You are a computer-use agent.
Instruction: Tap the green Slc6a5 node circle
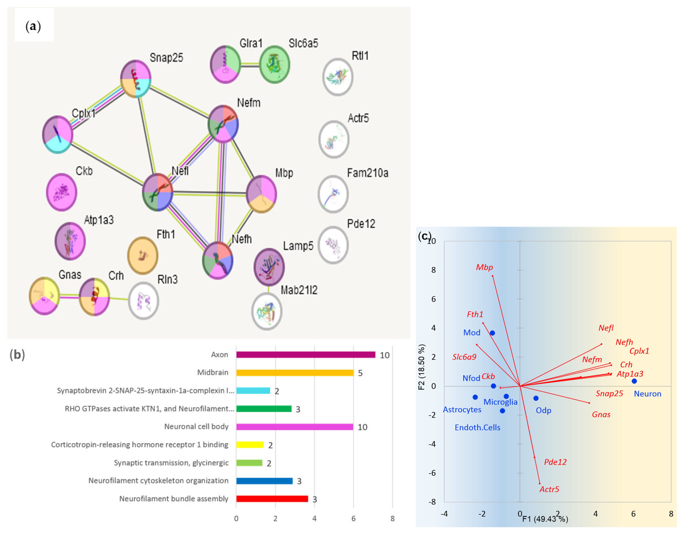coord(274,65)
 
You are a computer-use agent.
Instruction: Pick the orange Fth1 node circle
coord(143,255)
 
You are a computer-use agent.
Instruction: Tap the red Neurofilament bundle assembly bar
coord(272,499)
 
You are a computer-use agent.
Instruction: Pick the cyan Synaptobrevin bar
coord(253,390)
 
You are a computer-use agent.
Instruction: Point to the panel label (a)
coord(33,26)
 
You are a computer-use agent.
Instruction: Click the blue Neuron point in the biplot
coord(634,381)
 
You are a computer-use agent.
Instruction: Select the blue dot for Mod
coord(492,333)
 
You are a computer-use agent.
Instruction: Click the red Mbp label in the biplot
coord(484,267)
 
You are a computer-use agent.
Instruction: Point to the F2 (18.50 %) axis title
coord(422,367)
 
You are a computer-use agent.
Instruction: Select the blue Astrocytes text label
coord(462,410)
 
